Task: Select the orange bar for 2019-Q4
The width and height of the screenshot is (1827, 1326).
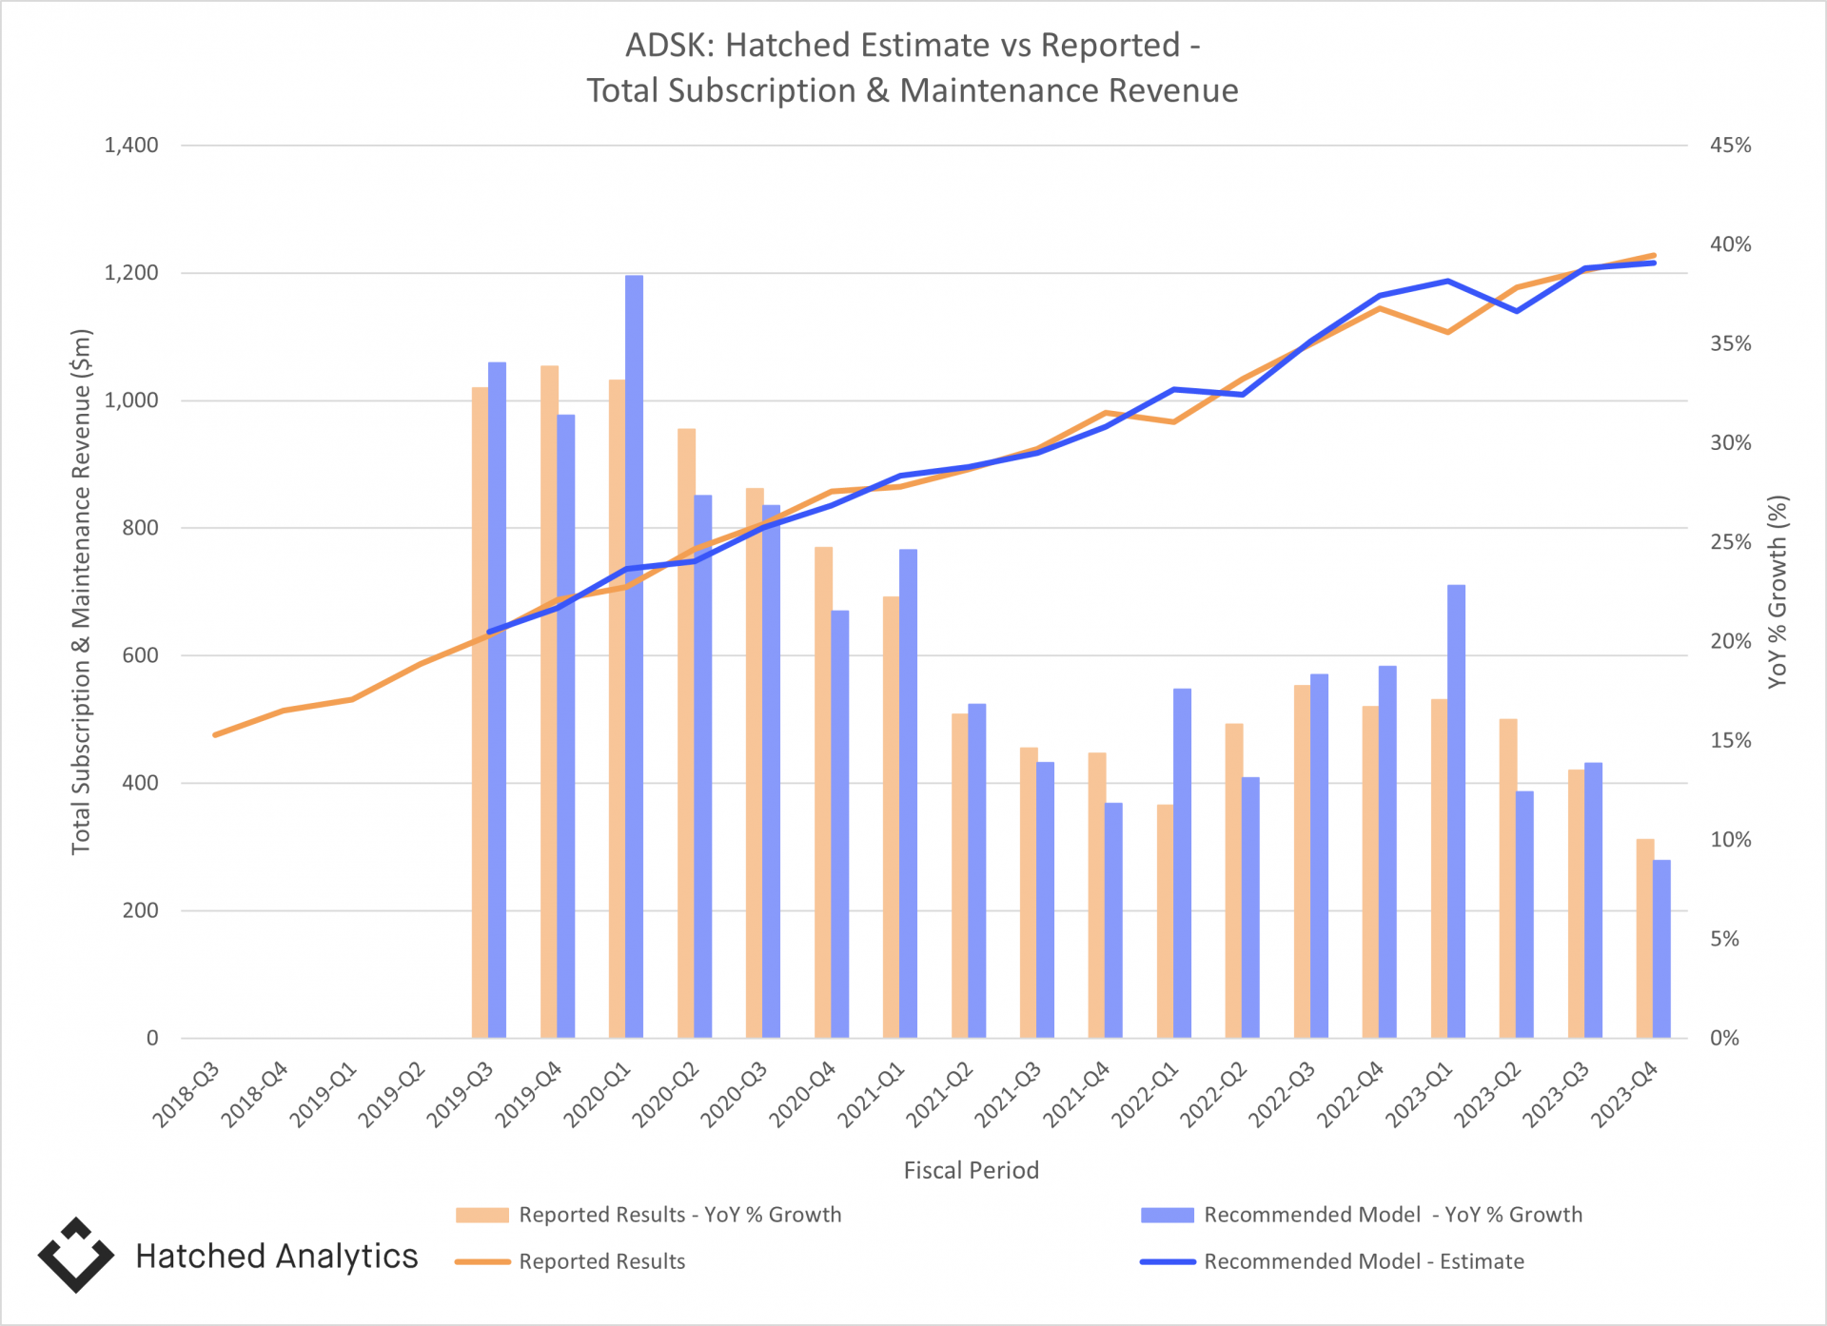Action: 549,704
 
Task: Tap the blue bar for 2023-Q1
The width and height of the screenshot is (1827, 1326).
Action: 1456,809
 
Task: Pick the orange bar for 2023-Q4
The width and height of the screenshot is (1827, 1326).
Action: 1644,937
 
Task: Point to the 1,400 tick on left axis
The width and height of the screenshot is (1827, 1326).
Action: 131,146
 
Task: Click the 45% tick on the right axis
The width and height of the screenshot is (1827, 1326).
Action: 1730,146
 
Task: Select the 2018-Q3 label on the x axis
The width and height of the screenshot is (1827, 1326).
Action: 187,1094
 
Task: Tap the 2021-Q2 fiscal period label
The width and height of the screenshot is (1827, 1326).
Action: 940,1094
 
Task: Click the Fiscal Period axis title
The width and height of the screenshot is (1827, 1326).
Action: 971,1170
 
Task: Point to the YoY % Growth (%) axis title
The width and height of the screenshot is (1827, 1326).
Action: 1778,592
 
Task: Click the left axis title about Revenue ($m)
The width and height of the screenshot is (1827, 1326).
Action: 82,592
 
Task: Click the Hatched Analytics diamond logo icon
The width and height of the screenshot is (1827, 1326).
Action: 76,1256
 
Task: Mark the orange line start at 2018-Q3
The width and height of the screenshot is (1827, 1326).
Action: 216,734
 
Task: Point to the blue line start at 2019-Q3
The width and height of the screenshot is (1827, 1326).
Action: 489,632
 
